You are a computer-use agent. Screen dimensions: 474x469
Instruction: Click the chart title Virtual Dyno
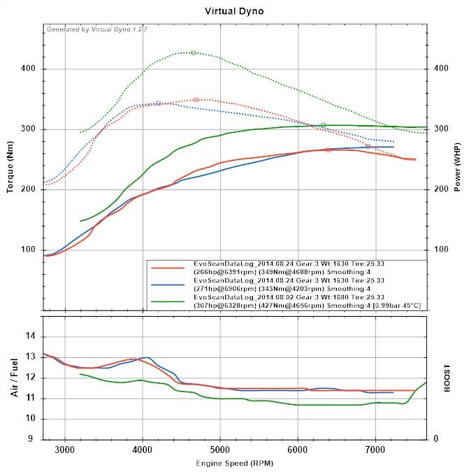(x=234, y=11)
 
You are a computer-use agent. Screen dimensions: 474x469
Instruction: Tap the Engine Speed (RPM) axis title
(x=234, y=464)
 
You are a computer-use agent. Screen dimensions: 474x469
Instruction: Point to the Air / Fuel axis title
(x=13, y=377)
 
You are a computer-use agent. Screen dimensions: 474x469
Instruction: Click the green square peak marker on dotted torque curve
(x=193, y=53)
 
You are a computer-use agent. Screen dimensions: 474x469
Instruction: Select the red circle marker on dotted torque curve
(x=196, y=100)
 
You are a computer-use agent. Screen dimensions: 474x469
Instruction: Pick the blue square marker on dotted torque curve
(x=159, y=103)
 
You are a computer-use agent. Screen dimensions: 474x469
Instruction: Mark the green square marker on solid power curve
(x=323, y=125)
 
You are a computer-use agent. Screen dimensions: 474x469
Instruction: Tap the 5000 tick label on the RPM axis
(x=220, y=450)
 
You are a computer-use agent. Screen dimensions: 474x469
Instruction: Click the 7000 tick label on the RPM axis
(x=375, y=450)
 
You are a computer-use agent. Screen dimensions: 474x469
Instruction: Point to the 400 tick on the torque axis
(x=29, y=69)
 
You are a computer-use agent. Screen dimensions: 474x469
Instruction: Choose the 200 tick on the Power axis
(x=441, y=189)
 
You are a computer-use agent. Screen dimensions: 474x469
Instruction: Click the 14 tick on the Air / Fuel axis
(x=30, y=336)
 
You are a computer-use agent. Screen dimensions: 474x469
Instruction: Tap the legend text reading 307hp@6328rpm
(x=221, y=306)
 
